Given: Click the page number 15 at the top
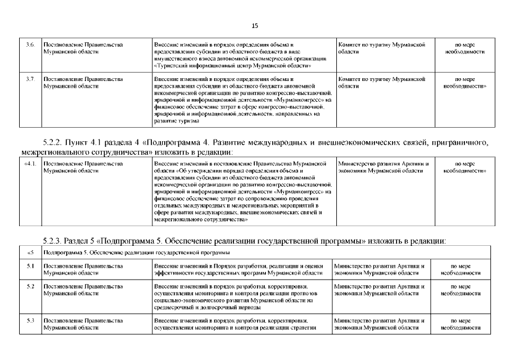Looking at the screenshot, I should tap(254, 26).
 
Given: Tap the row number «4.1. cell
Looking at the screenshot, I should tap(31, 164).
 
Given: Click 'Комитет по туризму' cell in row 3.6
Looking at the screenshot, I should tap(381, 47).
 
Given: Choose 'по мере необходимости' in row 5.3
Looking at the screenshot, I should tap(462, 323).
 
